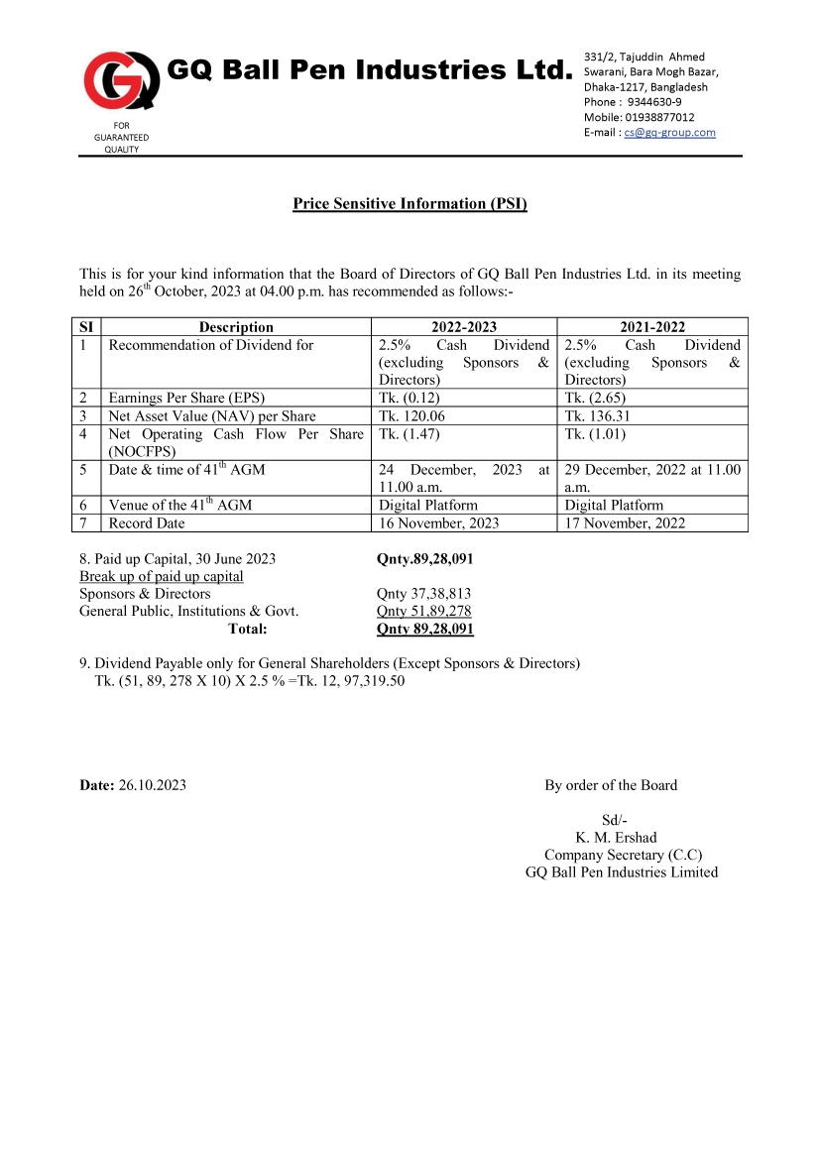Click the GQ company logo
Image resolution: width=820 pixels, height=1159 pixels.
pos(121,79)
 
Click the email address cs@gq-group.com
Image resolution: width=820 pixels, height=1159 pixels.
pos(669,133)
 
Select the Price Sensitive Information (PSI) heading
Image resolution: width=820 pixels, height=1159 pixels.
pos(410,204)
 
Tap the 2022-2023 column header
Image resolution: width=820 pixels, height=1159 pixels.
pos(463,327)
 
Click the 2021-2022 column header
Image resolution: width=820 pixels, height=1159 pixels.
pos(651,327)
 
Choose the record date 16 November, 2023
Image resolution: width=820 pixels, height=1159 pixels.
pos(439,523)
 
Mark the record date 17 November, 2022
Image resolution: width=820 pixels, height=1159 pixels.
pos(626,523)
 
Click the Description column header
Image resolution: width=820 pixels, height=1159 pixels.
pos(236,327)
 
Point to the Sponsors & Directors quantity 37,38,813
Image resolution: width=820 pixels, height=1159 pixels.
pos(423,594)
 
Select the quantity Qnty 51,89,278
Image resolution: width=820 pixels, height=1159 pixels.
pos(423,612)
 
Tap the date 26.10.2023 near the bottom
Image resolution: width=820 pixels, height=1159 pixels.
pos(152,785)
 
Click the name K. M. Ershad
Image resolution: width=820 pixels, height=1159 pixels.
pos(623,838)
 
